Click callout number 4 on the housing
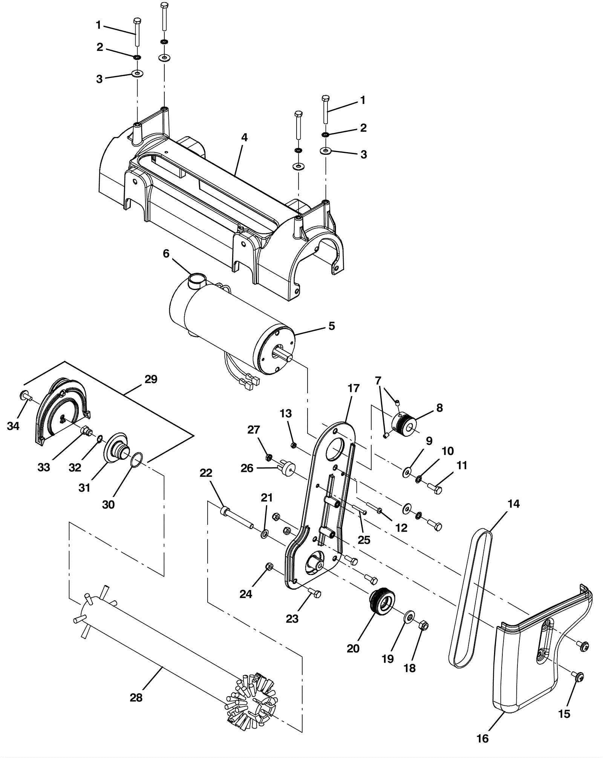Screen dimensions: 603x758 pyautogui.click(x=244, y=137)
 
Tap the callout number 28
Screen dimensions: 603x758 pyautogui.click(x=136, y=698)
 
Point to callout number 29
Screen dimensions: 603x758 pyautogui.click(x=151, y=379)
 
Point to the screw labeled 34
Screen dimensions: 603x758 pyautogui.click(x=26, y=396)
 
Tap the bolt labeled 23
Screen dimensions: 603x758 pyautogui.click(x=314, y=593)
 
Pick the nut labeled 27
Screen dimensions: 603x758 pyautogui.click(x=269, y=458)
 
